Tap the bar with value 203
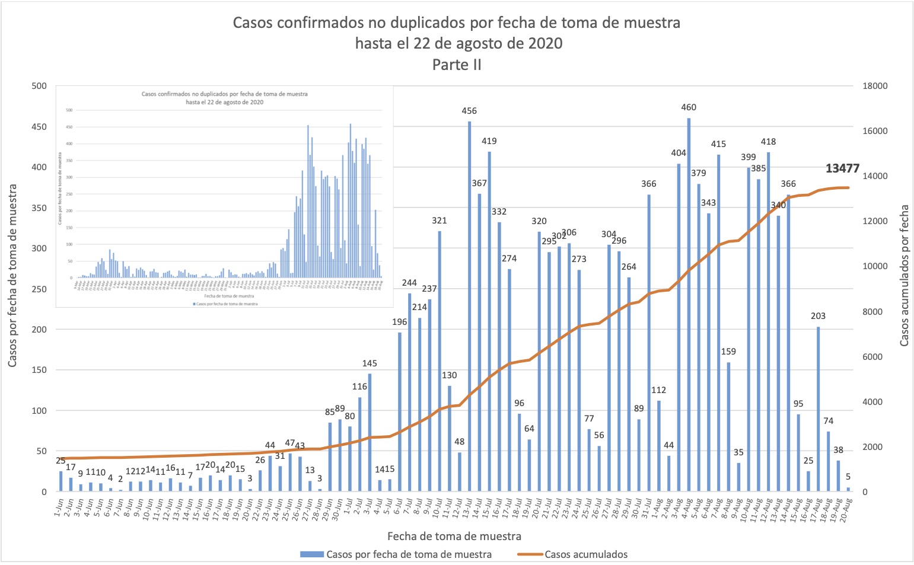pos(819,409)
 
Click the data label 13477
pos(842,168)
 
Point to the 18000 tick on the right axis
pos(874,86)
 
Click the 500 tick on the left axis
pos(39,86)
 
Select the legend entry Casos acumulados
pos(585,554)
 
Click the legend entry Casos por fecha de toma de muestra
pos(409,554)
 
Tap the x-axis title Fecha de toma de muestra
pos(454,536)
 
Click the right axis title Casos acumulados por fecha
pos(904,276)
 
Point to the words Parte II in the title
pos(457,65)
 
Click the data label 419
pos(489,141)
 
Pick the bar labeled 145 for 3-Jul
pos(370,432)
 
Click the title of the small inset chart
pos(224,98)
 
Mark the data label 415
pos(718,144)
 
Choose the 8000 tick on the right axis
pos(874,312)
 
